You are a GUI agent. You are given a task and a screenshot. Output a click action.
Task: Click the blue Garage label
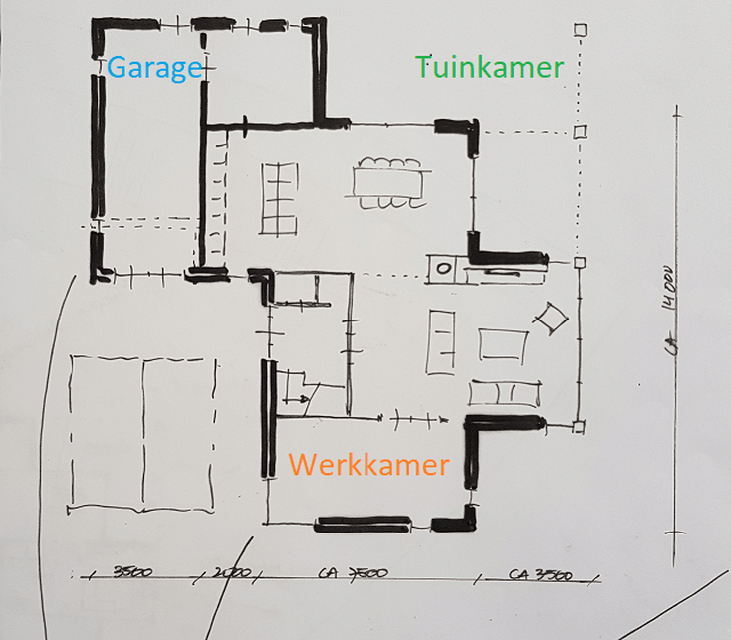click(154, 68)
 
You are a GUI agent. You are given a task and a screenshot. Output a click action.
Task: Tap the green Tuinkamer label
click(490, 67)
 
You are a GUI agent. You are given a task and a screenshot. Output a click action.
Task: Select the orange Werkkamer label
click(368, 464)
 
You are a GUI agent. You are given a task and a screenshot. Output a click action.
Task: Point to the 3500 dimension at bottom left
click(132, 573)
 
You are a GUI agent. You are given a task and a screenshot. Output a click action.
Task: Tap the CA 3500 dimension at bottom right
click(539, 575)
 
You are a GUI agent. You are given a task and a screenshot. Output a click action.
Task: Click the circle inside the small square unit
click(442, 265)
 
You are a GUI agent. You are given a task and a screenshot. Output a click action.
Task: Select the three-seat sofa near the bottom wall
click(505, 392)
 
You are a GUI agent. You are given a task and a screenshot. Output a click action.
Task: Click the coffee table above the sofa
click(502, 344)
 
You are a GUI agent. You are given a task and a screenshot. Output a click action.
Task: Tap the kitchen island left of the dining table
click(279, 197)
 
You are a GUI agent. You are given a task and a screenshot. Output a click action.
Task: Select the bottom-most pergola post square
click(580, 427)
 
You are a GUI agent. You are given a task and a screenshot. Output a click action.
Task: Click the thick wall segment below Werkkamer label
click(363, 524)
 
